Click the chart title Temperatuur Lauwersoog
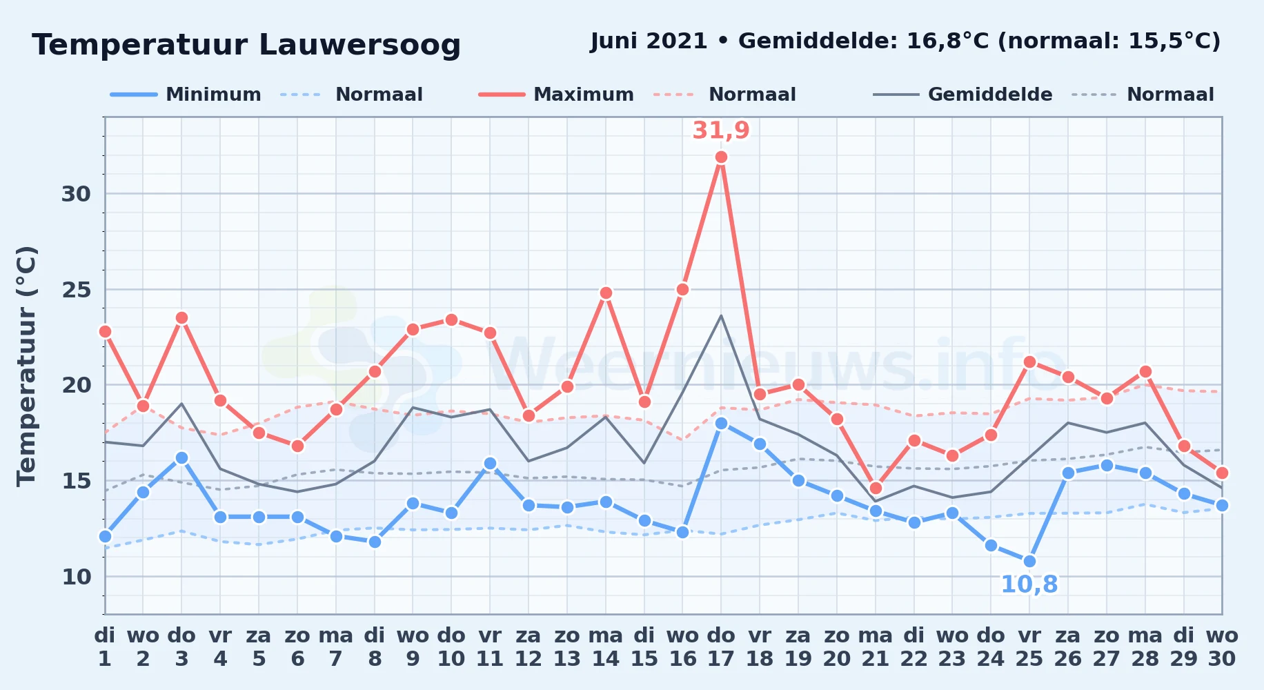246,46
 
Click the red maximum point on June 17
721,157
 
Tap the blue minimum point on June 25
1029,561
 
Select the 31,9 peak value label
721,130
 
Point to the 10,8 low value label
1029,584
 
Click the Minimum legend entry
186,95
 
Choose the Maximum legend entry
556,95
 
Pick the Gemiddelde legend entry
963,95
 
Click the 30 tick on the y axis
76,194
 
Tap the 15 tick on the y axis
76,480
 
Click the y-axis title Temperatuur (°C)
26,366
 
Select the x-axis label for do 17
721,647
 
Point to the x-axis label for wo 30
1222,647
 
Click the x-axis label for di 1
105,647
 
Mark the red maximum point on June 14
606,293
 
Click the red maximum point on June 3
181,318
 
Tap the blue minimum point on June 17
721,423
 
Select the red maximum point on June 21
876,489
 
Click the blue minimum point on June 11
490,464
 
